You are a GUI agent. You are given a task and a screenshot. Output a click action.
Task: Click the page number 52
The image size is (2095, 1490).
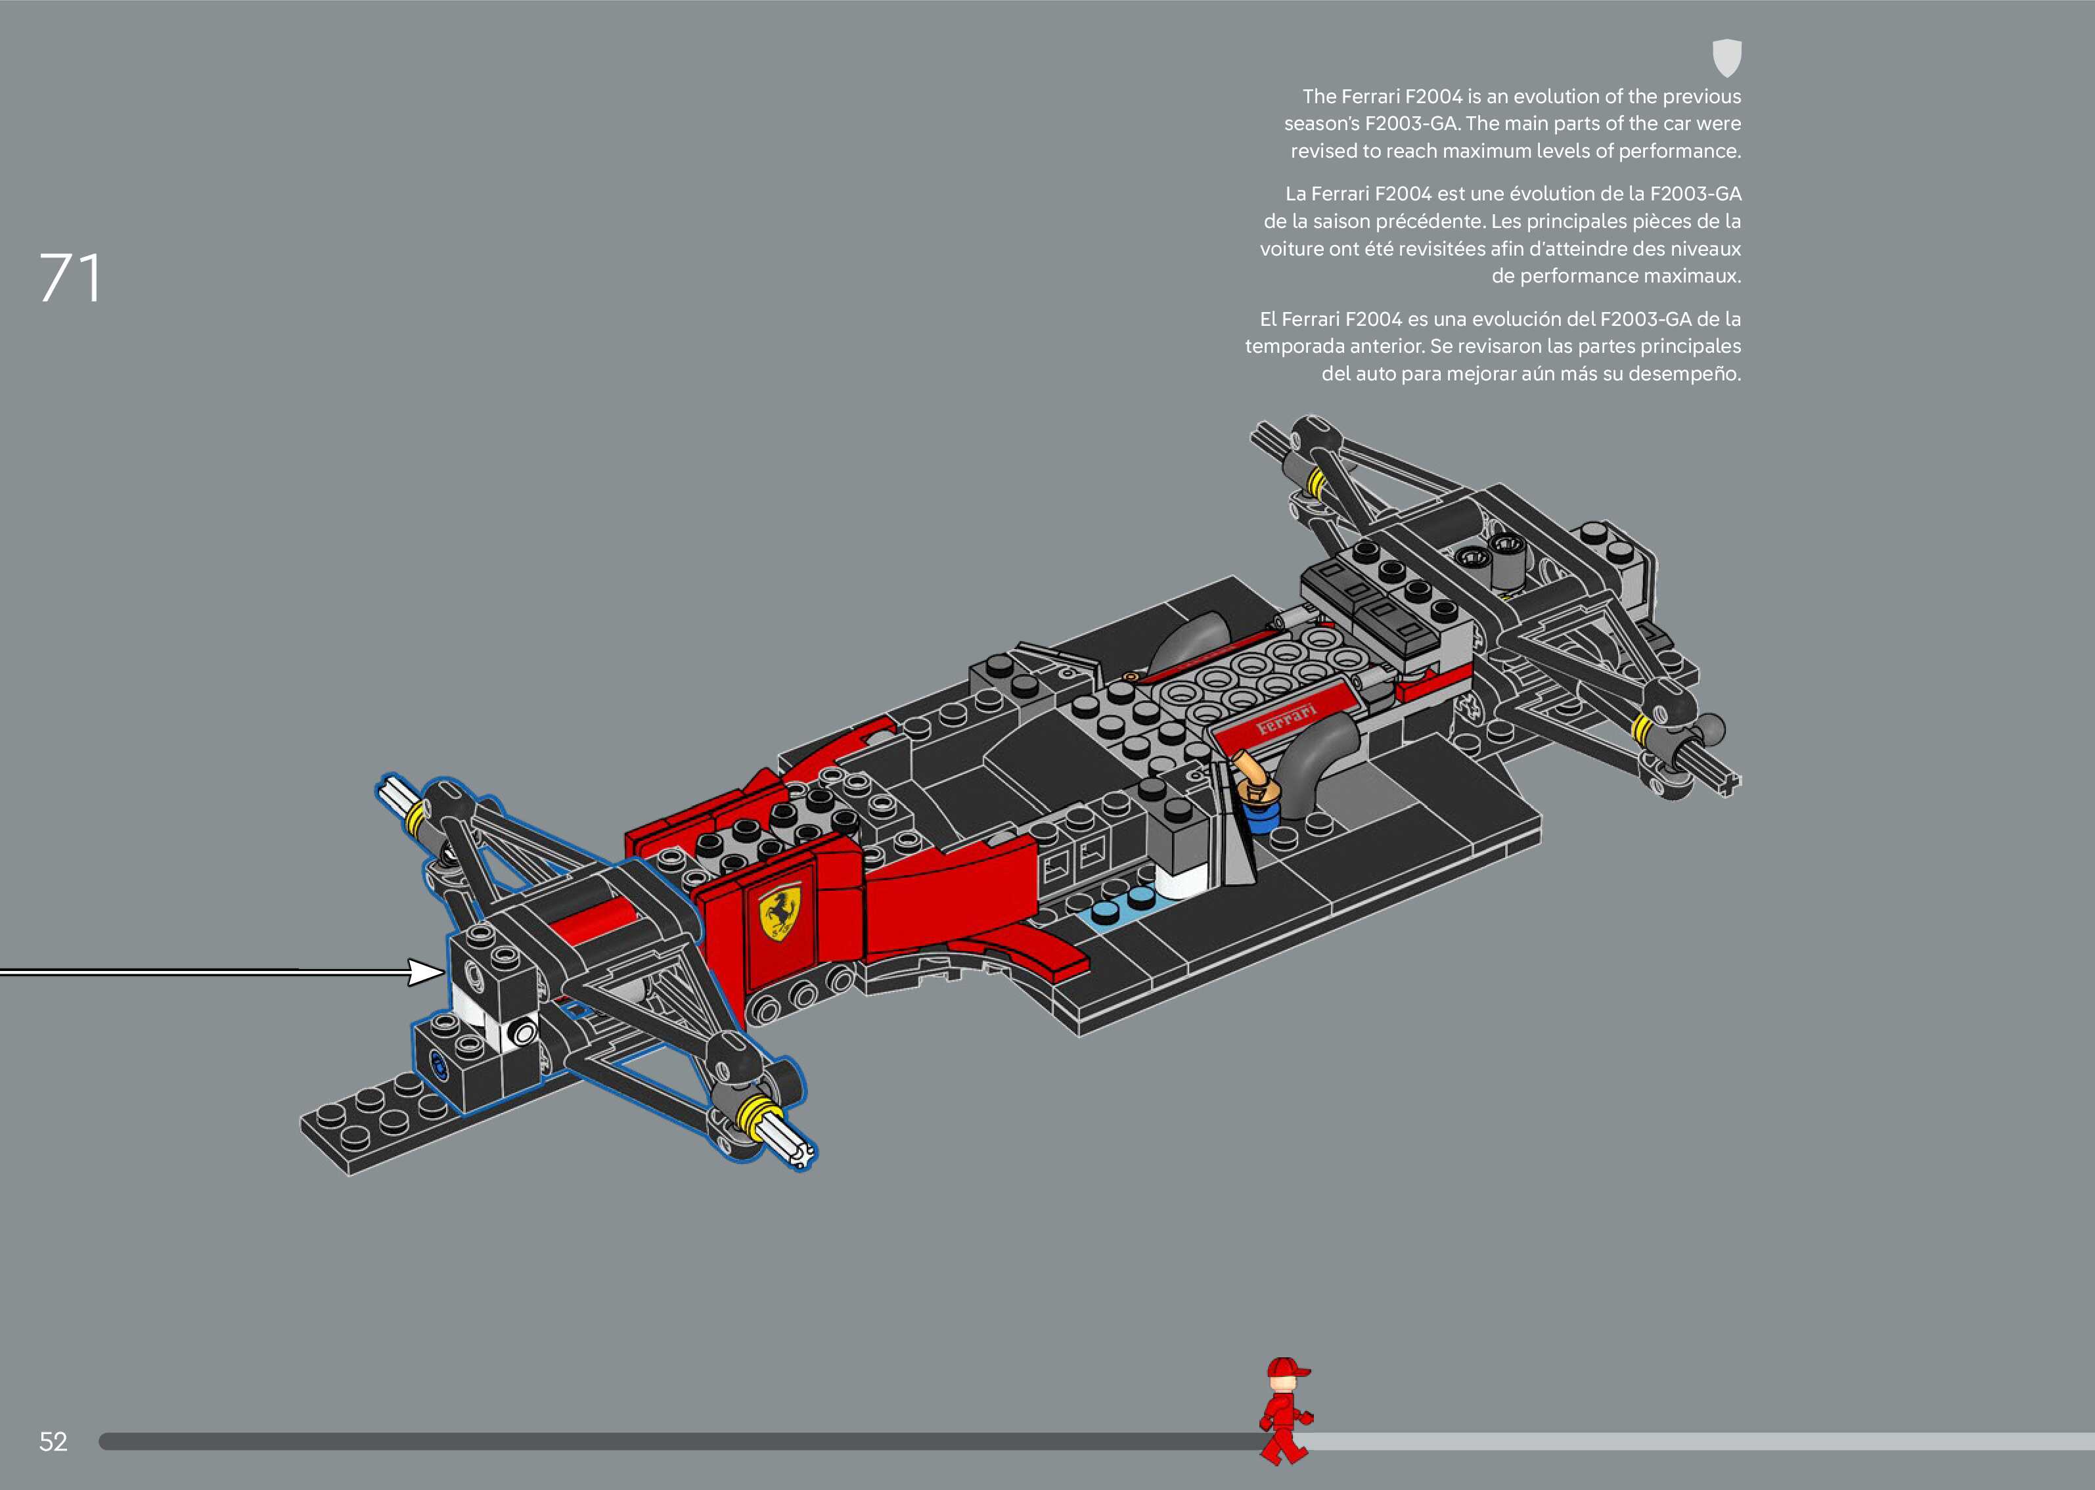click(x=53, y=1441)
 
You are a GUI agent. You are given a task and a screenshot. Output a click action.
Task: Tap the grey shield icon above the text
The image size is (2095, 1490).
click(x=1726, y=58)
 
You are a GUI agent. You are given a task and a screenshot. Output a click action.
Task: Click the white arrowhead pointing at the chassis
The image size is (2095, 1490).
click(x=424, y=972)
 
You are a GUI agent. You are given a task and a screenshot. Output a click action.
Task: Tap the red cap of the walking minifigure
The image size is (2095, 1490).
click(x=1286, y=1370)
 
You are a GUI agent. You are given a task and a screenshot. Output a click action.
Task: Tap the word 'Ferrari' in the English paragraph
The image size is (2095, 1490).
click(x=1370, y=97)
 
